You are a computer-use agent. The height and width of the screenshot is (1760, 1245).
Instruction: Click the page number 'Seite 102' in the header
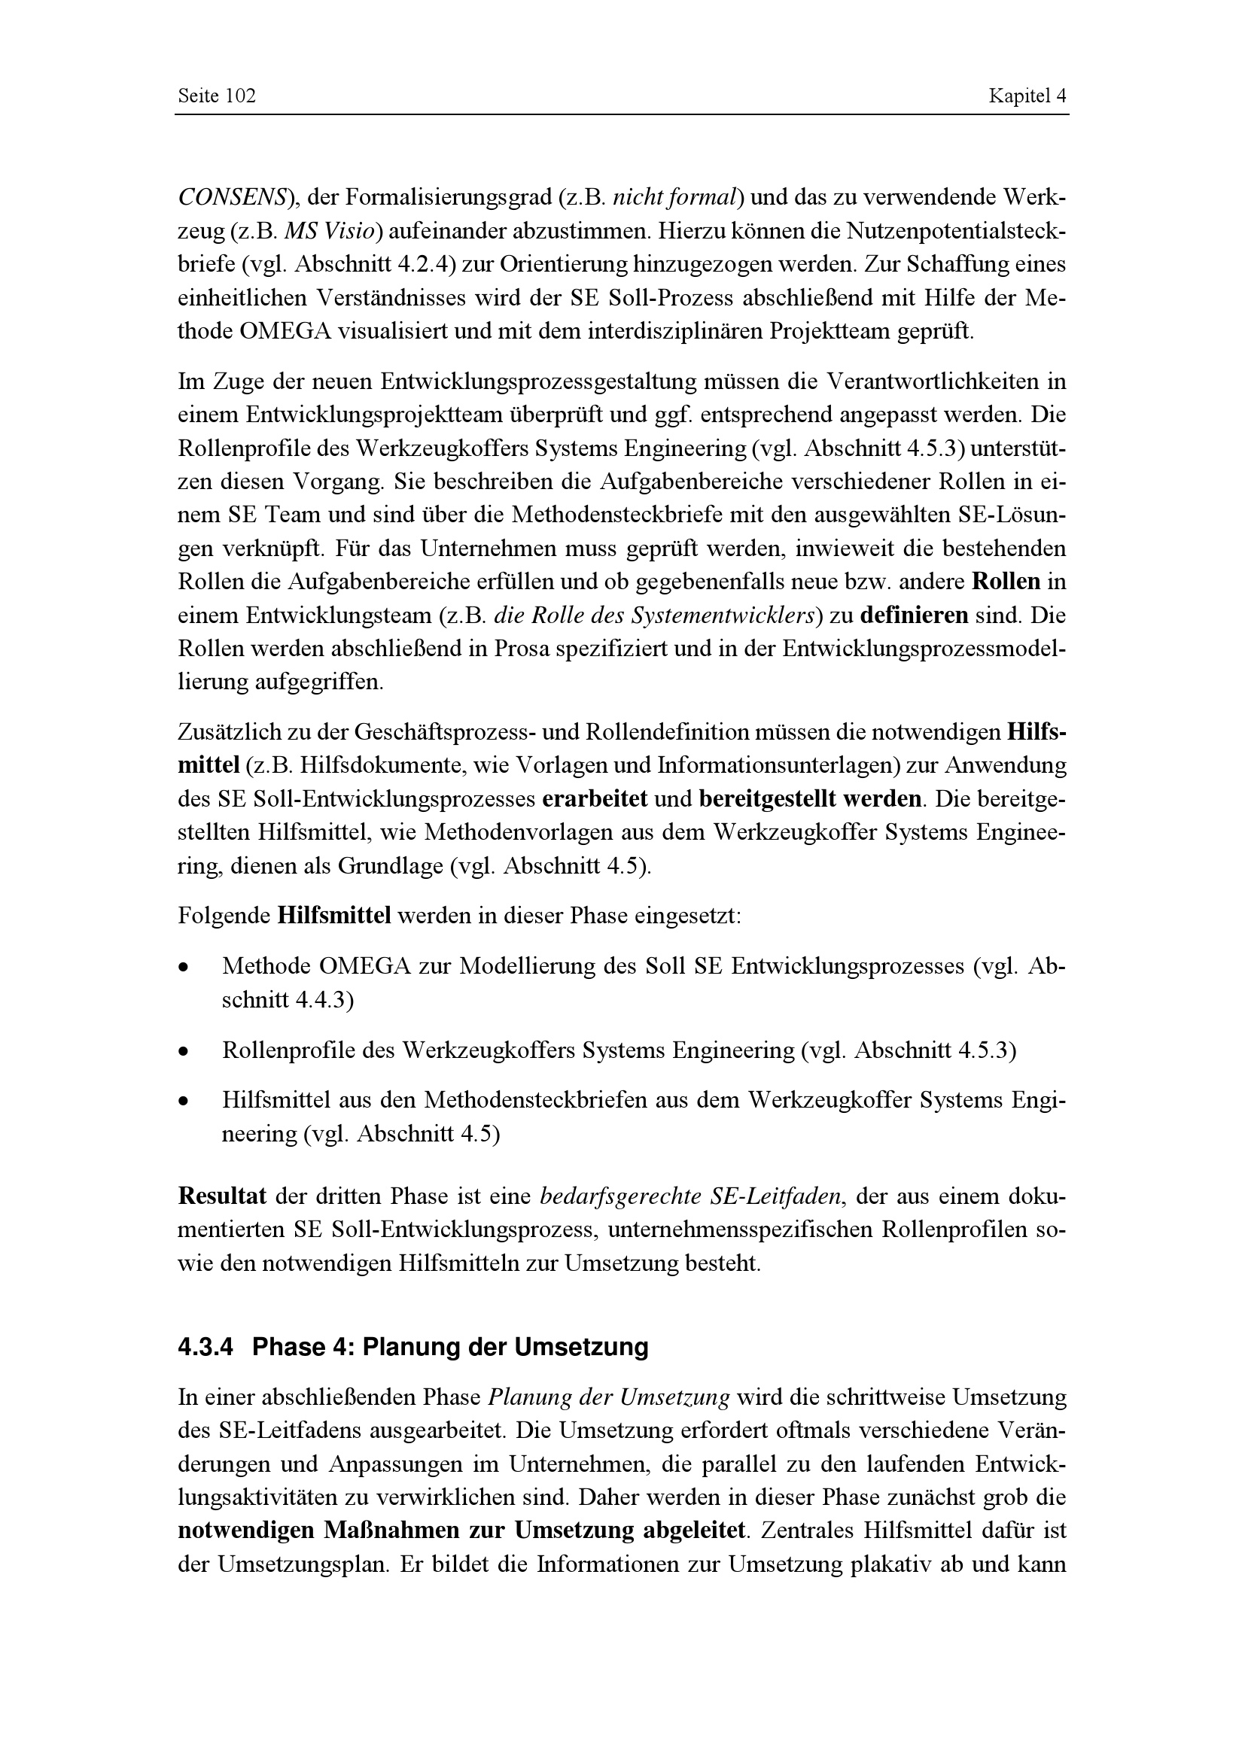coord(216,96)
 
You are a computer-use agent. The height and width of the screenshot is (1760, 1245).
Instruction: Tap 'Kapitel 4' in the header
coord(1027,96)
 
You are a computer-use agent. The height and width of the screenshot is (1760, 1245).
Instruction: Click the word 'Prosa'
coord(522,649)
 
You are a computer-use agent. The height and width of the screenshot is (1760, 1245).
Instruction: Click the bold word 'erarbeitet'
coord(595,800)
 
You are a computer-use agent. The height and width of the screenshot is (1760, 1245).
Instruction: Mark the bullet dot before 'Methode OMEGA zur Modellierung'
coord(182,968)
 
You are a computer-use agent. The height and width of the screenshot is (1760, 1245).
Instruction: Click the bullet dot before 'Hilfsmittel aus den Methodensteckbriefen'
coord(182,1102)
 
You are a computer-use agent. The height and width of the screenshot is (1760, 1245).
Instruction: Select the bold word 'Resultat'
coord(222,1196)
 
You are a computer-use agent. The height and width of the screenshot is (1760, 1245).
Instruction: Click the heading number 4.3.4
coord(205,1347)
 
